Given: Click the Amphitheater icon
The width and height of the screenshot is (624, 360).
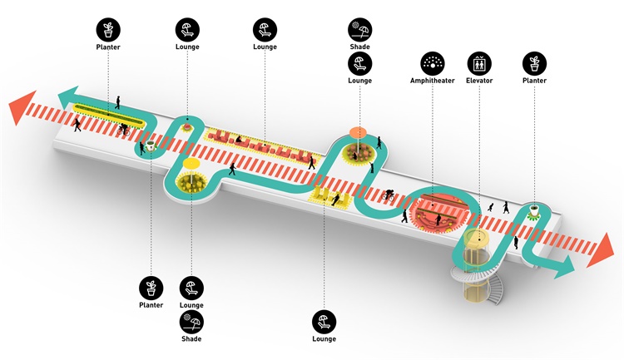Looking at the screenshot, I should [431, 63].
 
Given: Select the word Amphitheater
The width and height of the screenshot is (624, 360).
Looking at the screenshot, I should [431, 81].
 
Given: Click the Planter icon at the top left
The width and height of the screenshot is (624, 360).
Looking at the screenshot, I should [107, 31].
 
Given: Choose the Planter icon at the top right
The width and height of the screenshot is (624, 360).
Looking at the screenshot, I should [533, 63].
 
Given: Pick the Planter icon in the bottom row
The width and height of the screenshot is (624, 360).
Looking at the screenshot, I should [151, 288].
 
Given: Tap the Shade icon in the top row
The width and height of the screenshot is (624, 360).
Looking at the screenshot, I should [359, 31].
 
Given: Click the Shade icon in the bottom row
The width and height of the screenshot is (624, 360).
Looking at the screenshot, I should [191, 321].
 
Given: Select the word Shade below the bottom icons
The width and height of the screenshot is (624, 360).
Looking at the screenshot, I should [191, 338].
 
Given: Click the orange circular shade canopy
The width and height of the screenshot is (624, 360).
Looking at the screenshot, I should [359, 131].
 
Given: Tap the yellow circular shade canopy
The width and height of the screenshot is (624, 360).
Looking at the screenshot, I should [192, 162].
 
